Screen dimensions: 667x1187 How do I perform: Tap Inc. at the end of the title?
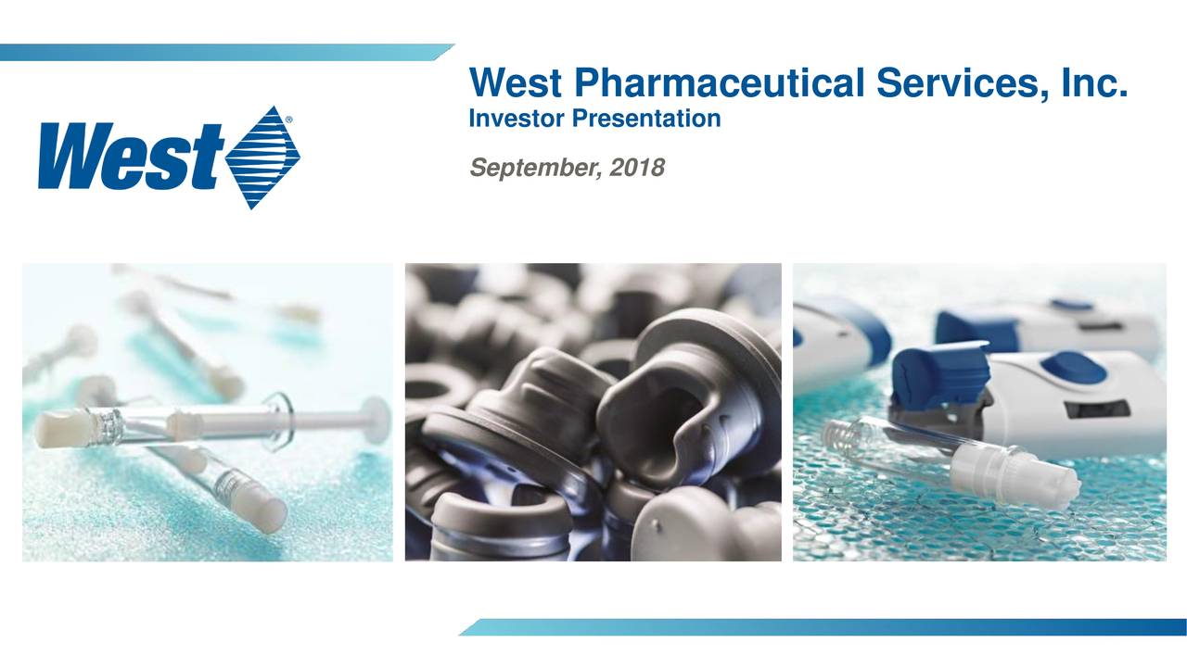coord(1095,84)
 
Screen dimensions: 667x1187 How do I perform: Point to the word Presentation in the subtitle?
coord(641,120)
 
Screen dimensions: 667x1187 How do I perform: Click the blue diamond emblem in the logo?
coord(263,157)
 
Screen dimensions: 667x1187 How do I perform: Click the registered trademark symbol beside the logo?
coord(289,120)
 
